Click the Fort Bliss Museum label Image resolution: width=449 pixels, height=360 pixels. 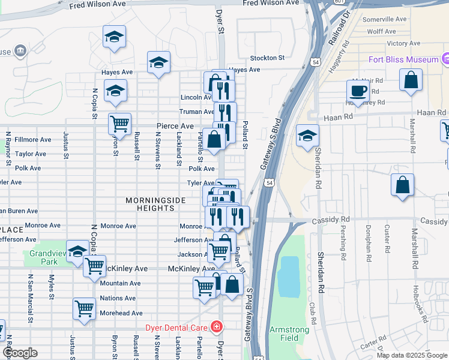[403, 59]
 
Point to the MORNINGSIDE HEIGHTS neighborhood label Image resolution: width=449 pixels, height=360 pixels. [151, 204]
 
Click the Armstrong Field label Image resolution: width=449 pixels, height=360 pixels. [289, 334]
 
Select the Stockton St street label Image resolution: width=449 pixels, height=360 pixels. [267, 58]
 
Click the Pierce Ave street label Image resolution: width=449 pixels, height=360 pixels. [175, 126]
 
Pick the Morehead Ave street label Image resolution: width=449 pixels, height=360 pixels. [121, 313]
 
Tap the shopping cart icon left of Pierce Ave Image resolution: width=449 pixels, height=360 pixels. [119, 124]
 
